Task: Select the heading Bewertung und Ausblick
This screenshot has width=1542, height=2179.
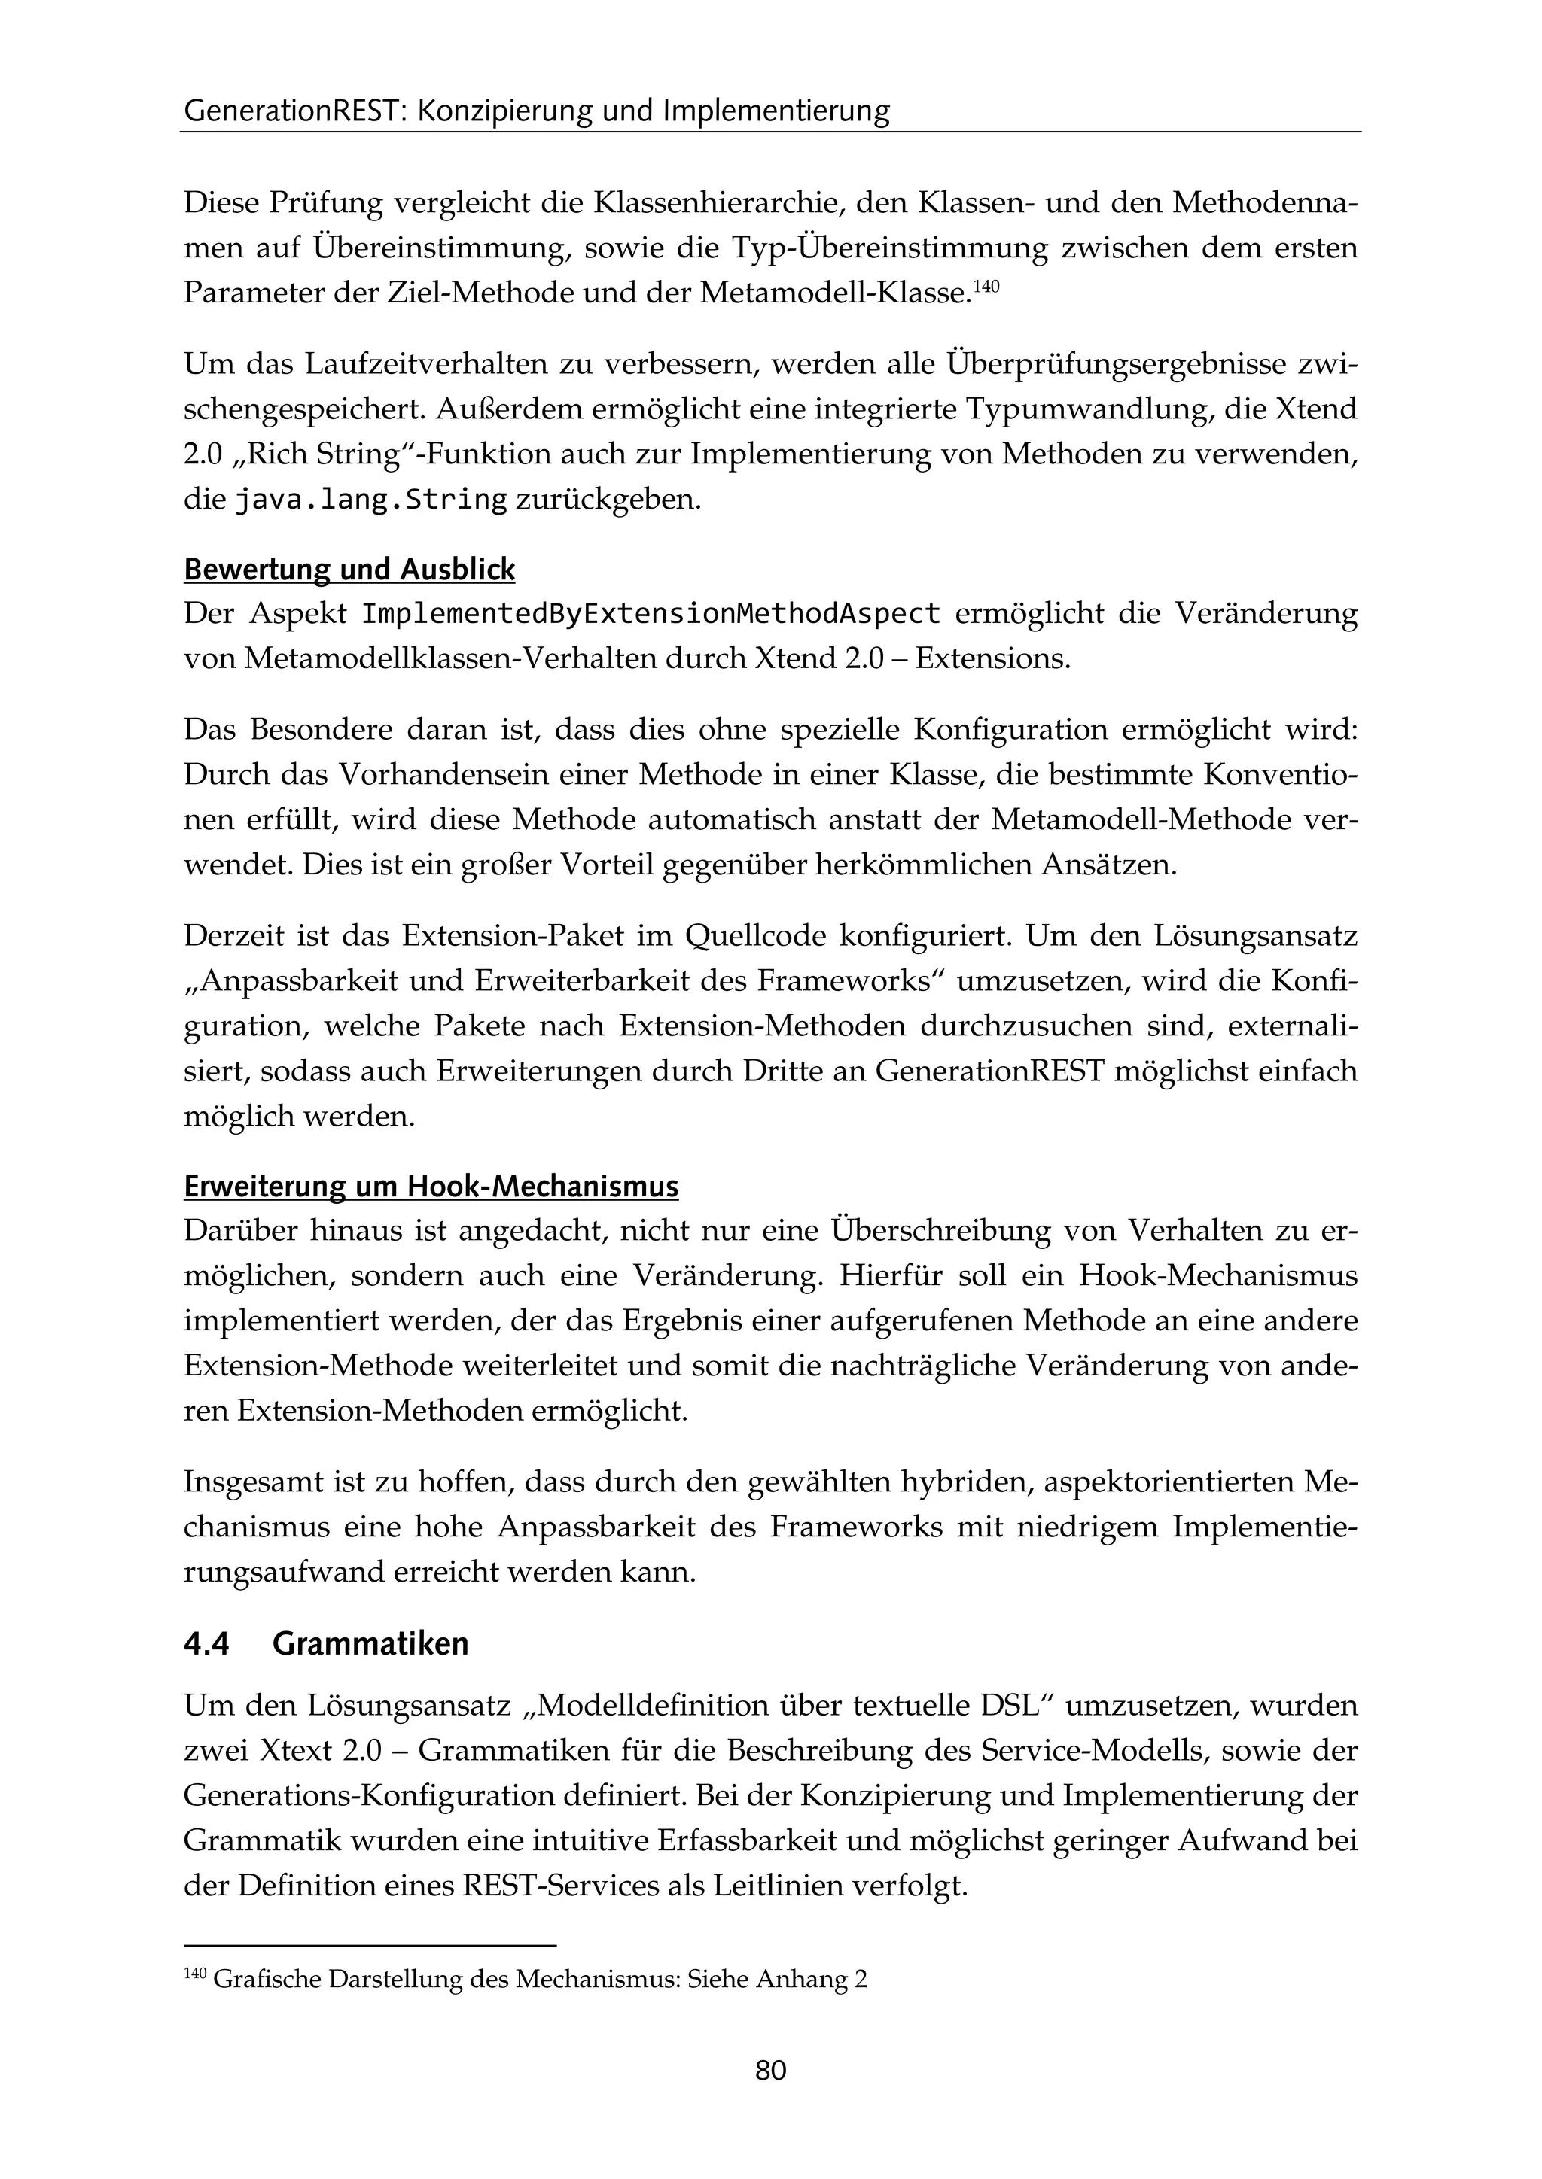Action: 349,570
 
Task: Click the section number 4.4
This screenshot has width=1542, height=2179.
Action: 206,1644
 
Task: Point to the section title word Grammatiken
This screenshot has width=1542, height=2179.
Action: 370,1644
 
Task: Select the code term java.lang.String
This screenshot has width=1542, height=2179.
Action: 370,499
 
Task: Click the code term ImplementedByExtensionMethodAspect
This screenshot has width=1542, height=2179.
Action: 651,614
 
